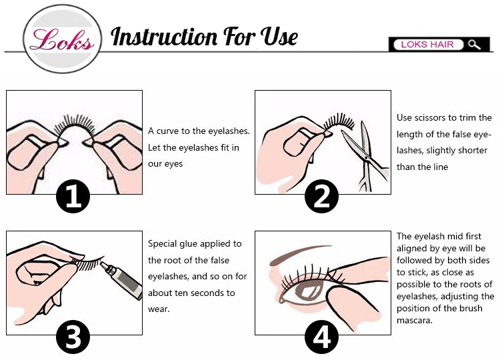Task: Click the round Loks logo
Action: [x=63, y=39]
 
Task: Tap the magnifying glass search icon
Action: [x=474, y=45]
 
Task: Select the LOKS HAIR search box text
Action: [x=427, y=44]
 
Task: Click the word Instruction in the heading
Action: [x=164, y=37]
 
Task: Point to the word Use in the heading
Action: [x=279, y=36]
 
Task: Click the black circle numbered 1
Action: [x=73, y=197]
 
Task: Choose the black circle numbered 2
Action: [x=321, y=197]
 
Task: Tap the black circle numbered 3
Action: [x=73, y=337]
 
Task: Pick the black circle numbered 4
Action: [x=321, y=337]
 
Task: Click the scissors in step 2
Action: [x=367, y=156]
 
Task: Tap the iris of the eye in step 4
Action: [x=307, y=289]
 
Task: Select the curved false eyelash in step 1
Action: [x=75, y=126]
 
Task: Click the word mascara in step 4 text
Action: [x=415, y=321]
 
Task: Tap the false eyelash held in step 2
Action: [x=339, y=122]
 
